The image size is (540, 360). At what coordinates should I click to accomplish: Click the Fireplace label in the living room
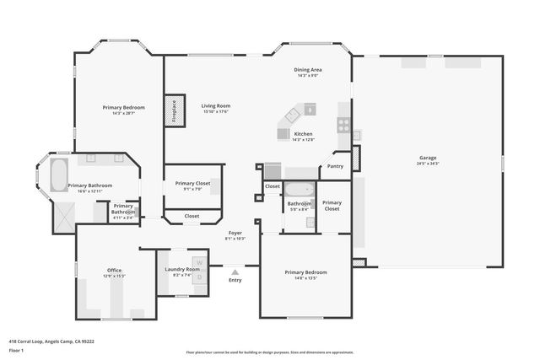175,111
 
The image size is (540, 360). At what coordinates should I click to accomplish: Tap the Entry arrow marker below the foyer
235,272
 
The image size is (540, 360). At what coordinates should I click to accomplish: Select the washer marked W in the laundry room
200,263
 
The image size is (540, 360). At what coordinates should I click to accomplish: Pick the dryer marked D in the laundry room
200,277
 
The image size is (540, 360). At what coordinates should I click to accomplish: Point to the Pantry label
335,166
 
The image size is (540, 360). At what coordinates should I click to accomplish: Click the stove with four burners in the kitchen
344,125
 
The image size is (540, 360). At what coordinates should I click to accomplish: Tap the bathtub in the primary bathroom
59,175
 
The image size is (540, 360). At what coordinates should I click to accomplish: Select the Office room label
114,271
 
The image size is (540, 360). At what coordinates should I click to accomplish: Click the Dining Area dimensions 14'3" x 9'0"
306,76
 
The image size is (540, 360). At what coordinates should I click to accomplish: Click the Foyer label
235,233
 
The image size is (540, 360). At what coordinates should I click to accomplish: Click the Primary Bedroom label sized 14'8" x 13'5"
305,272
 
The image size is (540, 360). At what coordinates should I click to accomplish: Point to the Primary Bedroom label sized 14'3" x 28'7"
124,107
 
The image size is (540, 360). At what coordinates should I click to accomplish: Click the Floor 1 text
16,350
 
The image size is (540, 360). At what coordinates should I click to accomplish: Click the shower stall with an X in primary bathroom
63,217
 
